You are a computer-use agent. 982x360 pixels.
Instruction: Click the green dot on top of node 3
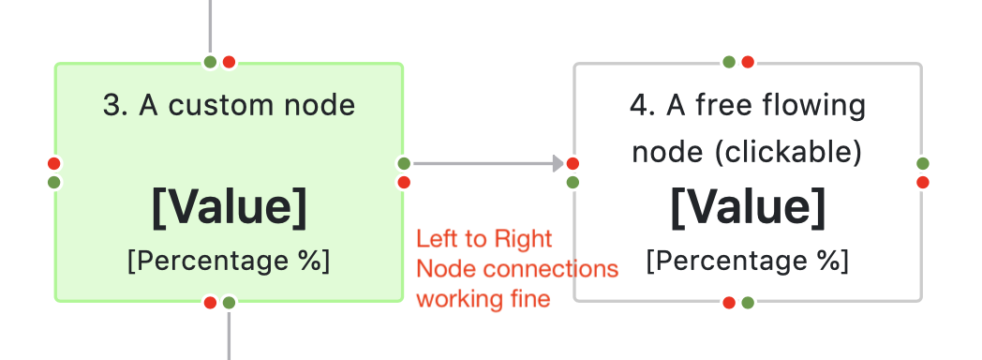pos(211,63)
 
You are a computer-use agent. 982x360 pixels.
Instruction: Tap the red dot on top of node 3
pos(229,63)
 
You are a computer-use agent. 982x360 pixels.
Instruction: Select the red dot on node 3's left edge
pos(54,164)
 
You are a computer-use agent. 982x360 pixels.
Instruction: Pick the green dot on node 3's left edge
pos(54,182)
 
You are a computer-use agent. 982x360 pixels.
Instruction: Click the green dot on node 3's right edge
pos(404,164)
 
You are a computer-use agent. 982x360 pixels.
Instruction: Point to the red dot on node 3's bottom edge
pos(211,302)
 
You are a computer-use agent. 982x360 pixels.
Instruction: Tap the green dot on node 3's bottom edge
pos(229,302)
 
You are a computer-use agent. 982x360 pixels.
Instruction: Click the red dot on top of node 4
pos(748,63)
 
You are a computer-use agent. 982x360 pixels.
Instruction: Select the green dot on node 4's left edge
pos(573,182)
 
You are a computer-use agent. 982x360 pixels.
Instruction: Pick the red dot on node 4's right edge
pos(923,182)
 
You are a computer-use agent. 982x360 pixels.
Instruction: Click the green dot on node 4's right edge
pos(923,164)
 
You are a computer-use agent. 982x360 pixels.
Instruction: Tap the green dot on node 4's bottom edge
pos(748,302)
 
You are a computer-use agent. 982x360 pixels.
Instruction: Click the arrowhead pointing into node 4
pos(558,164)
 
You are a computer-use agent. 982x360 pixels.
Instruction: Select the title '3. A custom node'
pos(229,105)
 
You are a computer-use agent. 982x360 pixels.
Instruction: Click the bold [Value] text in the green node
pos(229,207)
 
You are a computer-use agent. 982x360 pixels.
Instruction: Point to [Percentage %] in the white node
pos(748,260)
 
